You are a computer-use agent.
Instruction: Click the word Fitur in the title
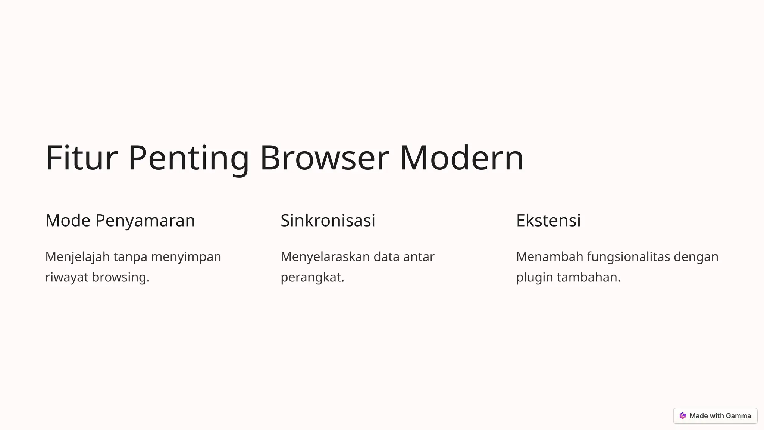click(81, 158)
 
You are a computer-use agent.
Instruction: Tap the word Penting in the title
click(188, 158)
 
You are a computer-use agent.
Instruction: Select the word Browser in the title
click(324, 158)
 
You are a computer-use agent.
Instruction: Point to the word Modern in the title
click(461, 158)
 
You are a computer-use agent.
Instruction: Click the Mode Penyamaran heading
click(120, 220)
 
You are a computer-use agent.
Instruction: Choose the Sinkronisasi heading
click(328, 220)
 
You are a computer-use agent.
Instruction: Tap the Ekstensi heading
click(548, 220)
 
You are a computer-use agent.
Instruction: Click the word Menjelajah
click(77, 257)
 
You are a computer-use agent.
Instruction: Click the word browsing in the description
click(120, 277)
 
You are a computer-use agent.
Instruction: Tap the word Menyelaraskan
click(325, 257)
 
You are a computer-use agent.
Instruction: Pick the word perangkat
click(312, 277)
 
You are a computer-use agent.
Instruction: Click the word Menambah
click(549, 257)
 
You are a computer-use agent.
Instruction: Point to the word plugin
click(534, 277)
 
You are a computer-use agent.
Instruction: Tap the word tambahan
click(588, 277)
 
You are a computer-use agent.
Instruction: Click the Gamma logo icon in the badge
click(682, 416)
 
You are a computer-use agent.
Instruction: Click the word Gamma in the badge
click(738, 416)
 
